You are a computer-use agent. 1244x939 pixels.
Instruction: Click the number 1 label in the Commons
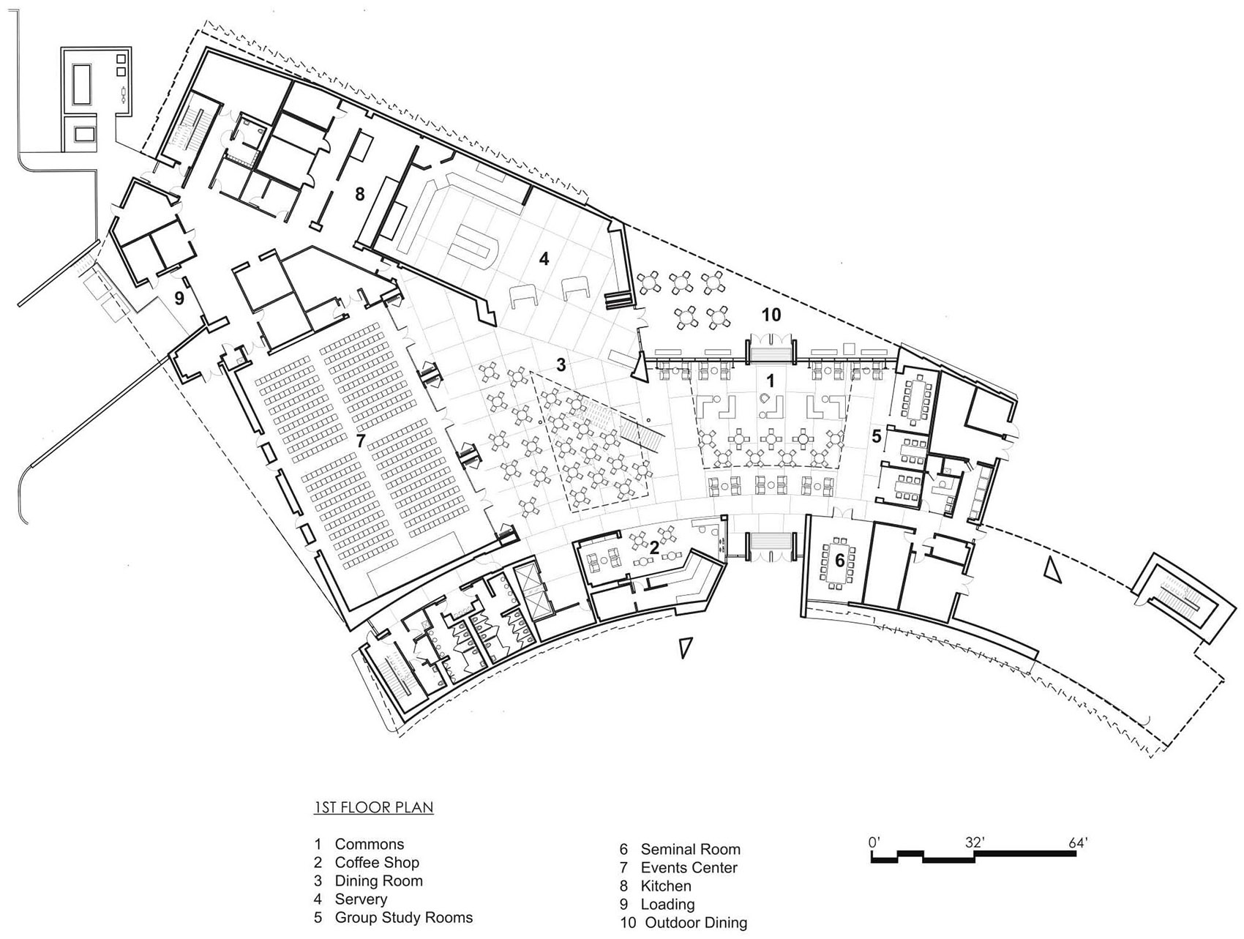point(769,381)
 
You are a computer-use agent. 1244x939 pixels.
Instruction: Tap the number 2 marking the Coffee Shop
point(654,547)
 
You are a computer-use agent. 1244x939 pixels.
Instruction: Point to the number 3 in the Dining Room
point(561,364)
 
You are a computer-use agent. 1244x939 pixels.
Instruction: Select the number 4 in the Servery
point(544,258)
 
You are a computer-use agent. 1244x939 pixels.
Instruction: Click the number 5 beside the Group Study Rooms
point(876,437)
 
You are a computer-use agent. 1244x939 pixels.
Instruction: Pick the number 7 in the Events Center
point(360,441)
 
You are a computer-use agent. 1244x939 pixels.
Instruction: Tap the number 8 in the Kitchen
point(359,194)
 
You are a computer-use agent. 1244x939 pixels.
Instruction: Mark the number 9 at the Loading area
point(179,298)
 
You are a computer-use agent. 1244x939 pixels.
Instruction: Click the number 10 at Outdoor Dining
point(771,315)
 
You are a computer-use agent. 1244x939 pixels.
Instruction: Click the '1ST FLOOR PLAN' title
point(373,808)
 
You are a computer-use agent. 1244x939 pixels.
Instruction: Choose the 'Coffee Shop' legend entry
point(377,863)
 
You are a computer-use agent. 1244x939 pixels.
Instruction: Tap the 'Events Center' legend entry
point(689,868)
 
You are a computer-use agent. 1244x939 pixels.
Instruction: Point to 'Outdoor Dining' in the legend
point(695,923)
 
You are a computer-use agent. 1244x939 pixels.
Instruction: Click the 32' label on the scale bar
point(974,842)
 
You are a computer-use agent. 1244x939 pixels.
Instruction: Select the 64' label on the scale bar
point(1078,842)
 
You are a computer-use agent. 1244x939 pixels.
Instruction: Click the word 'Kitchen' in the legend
point(665,886)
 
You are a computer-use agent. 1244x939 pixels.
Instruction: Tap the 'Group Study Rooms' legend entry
point(403,918)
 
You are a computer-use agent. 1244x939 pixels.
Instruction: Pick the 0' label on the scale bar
point(874,842)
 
